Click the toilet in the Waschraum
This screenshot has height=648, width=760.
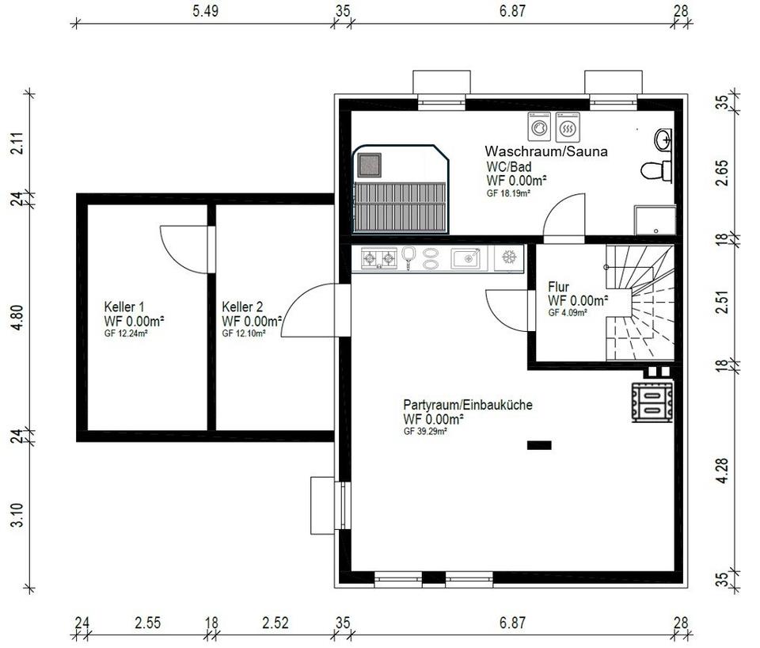(x=655, y=171)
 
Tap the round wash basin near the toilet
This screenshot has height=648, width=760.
(x=663, y=139)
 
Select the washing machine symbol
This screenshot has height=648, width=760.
(x=539, y=127)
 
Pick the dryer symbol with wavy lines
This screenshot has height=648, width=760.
(x=568, y=127)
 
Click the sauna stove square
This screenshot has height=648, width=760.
(x=370, y=165)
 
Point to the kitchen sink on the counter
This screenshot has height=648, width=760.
(x=465, y=258)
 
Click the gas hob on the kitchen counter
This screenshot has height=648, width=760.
(x=379, y=258)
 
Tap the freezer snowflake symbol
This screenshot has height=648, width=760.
(x=509, y=257)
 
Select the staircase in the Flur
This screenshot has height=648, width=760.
(x=640, y=303)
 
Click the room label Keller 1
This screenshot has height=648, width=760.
(x=124, y=307)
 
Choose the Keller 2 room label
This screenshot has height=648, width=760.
(x=242, y=307)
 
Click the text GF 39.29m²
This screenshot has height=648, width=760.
(x=425, y=431)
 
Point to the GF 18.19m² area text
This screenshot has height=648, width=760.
(x=508, y=192)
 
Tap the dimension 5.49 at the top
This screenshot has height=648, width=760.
(x=206, y=11)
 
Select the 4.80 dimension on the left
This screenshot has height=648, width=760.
(x=17, y=318)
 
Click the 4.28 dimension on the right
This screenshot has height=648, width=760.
(x=722, y=470)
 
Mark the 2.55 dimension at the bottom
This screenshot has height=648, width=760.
(x=148, y=623)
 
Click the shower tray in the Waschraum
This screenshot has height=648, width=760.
(x=655, y=219)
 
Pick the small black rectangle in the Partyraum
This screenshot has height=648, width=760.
(x=539, y=445)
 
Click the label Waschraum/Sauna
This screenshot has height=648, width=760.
(x=546, y=151)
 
